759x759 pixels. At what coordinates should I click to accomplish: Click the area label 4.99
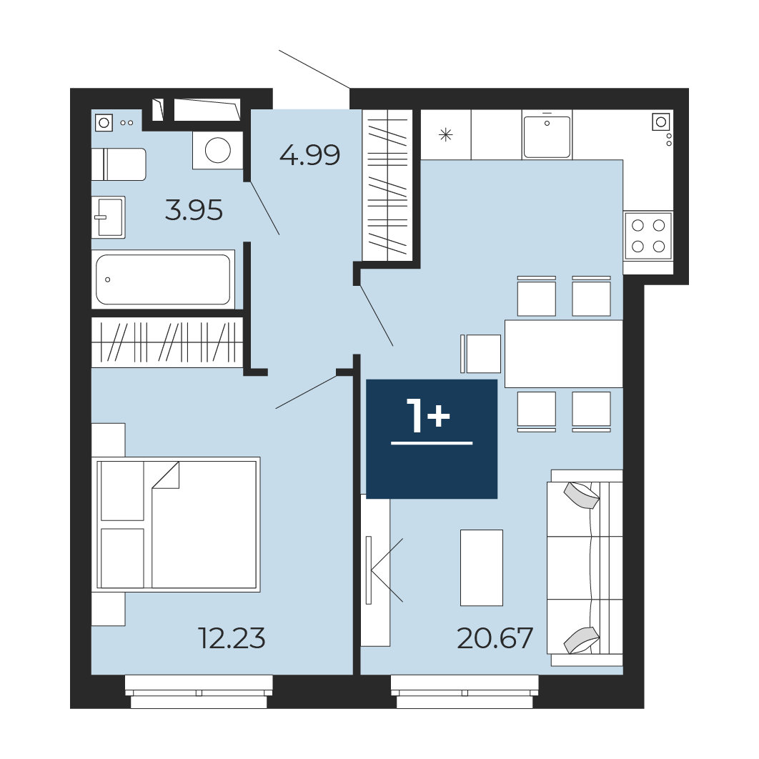coord(309,155)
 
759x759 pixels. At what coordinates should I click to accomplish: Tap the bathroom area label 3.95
coord(194,211)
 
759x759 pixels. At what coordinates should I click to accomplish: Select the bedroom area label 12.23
coord(232,638)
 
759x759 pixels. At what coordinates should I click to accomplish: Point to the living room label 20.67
coord(495,638)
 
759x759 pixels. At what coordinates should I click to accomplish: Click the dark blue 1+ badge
coord(432,439)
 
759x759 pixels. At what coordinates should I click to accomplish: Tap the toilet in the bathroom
coord(119,164)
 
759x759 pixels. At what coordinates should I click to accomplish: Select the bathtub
coord(163,279)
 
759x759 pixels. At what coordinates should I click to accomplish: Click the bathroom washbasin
coord(109,217)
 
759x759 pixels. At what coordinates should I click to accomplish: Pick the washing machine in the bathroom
coord(217,150)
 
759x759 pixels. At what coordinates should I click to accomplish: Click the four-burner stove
coord(648,236)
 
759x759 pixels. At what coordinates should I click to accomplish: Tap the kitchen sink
coord(547,136)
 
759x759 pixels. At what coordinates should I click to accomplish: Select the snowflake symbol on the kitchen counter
coord(445,135)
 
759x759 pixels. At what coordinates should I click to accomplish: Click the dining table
coord(563,353)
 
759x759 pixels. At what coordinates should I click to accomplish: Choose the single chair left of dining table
coord(481,353)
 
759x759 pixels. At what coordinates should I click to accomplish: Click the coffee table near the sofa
coord(482,567)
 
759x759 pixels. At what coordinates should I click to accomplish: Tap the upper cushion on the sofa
coord(581,495)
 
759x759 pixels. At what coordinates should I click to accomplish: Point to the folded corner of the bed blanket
coord(166,475)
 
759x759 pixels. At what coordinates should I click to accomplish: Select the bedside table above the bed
coord(109,440)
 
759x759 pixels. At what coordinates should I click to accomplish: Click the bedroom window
coord(199,692)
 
